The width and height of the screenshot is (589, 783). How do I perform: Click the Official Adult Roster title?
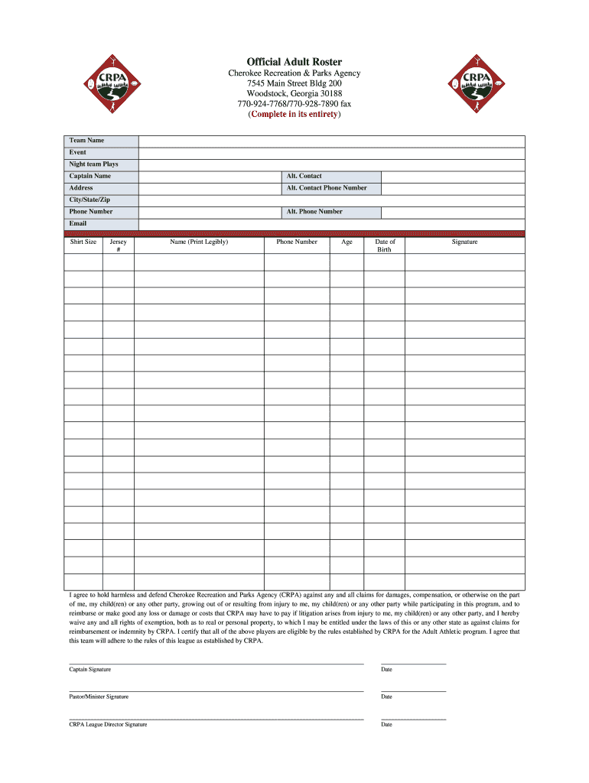click(294, 61)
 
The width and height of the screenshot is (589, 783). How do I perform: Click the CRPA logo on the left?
click(113, 85)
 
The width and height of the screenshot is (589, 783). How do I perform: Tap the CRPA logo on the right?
click(476, 85)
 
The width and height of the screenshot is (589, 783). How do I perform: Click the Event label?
click(78, 152)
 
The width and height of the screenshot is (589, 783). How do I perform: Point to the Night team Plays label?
click(94, 164)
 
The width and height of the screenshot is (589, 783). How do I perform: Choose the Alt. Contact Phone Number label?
click(327, 188)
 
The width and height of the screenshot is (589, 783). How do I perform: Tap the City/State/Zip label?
click(89, 200)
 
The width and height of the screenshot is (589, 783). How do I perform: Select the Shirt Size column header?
click(83, 242)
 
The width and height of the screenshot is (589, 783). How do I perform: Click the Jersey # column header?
click(119, 245)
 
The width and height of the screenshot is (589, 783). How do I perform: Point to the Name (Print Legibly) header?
click(199, 242)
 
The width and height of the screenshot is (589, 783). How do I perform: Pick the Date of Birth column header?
click(384, 245)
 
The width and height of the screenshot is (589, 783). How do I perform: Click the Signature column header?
click(464, 242)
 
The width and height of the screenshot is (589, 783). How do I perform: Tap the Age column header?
click(347, 242)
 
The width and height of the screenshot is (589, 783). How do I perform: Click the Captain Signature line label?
click(90, 670)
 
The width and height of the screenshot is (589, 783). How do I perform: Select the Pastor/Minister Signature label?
click(99, 697)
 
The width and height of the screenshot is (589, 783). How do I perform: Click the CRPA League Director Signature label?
click(108, 724)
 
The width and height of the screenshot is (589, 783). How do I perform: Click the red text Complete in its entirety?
click(294, 115)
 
